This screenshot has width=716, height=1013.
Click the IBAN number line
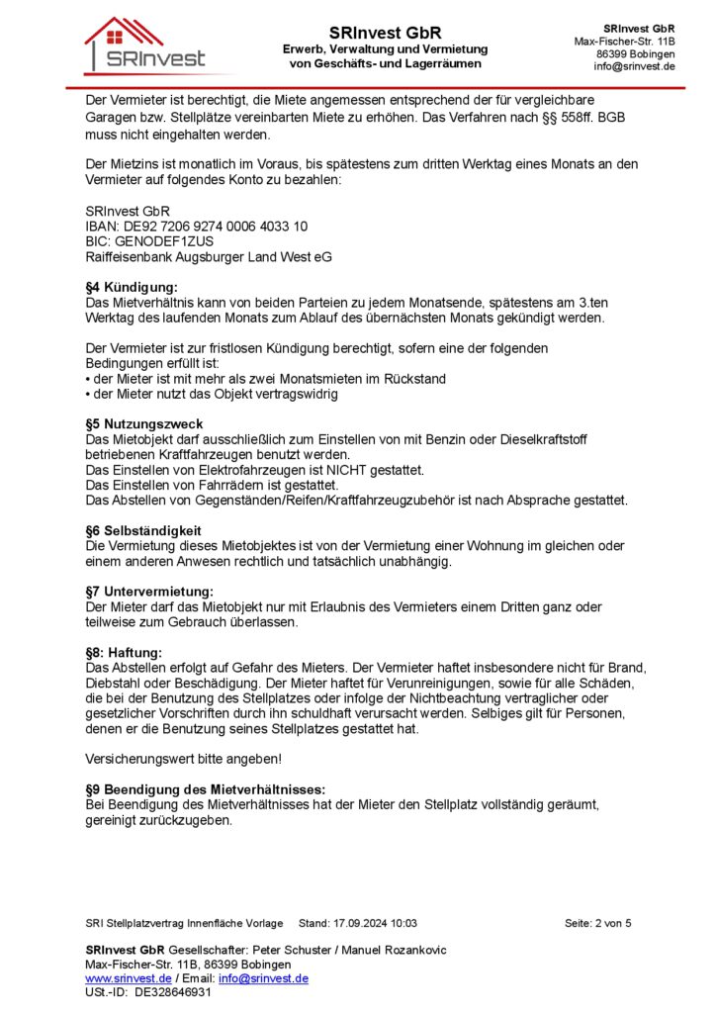pos(197,226)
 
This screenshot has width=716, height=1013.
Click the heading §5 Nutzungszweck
pos(144,424)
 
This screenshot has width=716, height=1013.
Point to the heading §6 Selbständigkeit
pos(144,531)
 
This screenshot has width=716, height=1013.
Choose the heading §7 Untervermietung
pos(150,592)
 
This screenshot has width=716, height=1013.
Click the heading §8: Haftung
pos(124,652)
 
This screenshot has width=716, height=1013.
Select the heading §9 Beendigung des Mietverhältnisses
pos(206,789)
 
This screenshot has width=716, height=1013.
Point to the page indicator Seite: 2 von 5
pos(597,924)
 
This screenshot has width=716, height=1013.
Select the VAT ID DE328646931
pos(173,992)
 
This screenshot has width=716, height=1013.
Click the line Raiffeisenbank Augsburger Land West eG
pos(209,256)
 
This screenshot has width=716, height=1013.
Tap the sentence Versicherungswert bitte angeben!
pos(183,759)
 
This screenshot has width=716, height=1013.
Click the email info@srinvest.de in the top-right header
pos(634,66)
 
